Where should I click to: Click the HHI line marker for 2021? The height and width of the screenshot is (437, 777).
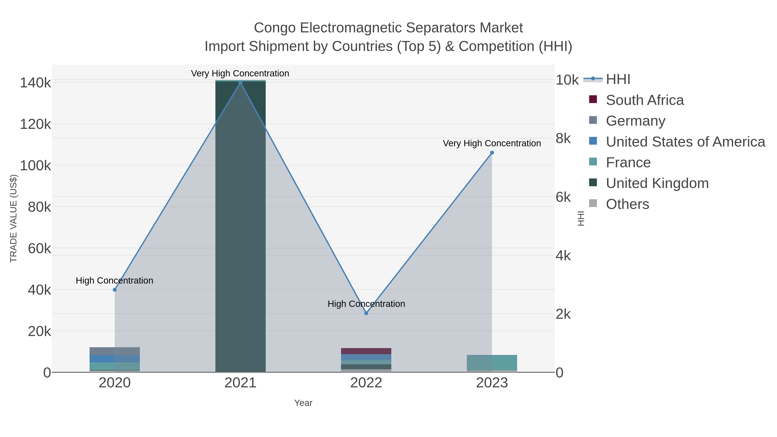240,83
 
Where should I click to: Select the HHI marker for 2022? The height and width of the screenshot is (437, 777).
366,313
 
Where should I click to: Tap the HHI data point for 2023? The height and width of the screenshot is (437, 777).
492,153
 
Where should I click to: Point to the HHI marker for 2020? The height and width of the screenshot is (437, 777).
115,290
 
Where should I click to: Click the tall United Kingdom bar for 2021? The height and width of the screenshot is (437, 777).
240,226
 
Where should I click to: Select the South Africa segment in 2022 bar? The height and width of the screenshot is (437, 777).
366,351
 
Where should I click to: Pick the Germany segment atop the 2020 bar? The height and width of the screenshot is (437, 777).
115,351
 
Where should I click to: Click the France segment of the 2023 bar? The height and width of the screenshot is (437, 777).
492,363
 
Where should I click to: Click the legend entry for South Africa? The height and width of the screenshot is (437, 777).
644,100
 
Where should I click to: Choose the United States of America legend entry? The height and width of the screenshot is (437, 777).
685,142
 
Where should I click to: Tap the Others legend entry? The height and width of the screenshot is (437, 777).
627,204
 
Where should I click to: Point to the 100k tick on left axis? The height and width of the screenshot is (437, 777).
36,166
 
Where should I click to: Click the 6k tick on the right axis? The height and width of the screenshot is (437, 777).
563,197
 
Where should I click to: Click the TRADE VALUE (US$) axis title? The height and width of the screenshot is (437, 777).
14,218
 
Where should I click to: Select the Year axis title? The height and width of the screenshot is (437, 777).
303,403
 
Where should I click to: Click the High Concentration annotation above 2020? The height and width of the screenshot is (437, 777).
115,281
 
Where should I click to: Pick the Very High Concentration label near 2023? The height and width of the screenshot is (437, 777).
492,143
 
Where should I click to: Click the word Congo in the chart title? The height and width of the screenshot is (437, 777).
275,28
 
